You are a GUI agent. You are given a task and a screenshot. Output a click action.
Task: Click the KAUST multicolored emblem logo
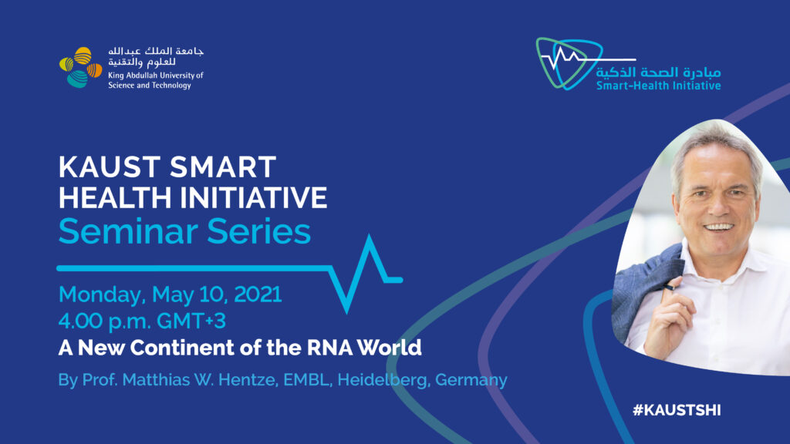click(x=80, y=68)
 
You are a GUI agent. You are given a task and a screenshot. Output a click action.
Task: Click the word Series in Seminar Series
click(x=258, y=231)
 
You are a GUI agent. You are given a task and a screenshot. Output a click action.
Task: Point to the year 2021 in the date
click(x=258, y=294)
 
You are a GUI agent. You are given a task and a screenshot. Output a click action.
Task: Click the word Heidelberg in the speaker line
click(x=383, y=380)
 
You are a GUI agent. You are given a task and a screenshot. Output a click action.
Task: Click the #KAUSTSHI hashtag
click(x=677, y=410)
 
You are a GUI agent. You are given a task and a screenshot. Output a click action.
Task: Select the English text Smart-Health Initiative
click(x=659, y=86)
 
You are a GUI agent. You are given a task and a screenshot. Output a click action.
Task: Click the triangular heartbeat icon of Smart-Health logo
click(x=569, y=63)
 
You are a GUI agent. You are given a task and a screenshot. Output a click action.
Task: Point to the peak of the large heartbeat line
click(x=370, y=236)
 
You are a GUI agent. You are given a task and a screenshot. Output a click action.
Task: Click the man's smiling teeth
click(x=719, y=227)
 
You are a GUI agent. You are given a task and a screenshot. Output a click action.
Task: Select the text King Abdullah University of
click(x=156, y=76)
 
